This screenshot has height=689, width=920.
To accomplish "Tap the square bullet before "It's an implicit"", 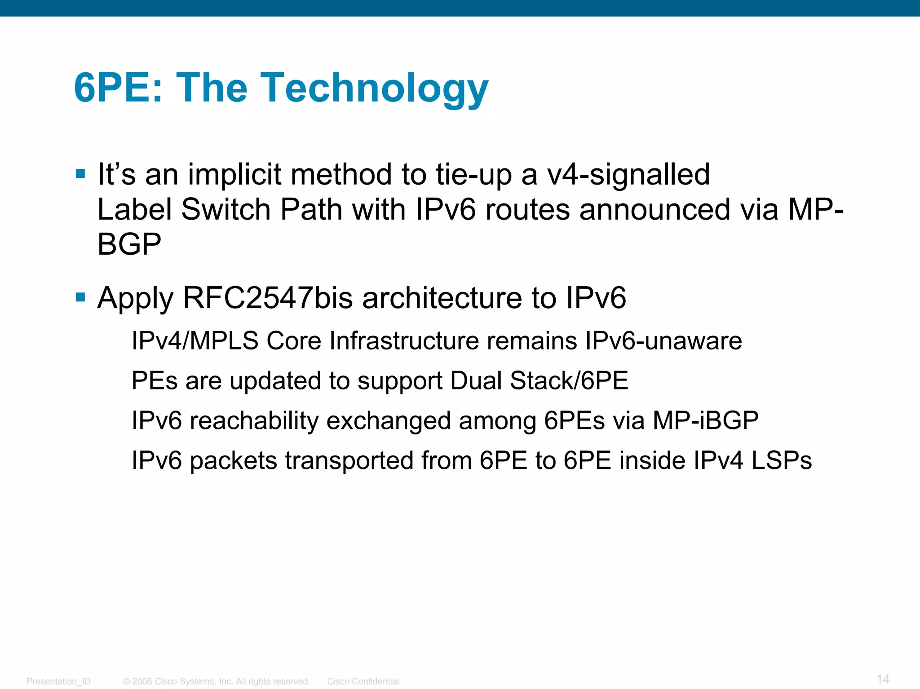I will (81, 174).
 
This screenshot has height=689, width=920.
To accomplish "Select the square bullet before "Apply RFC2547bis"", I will (81, 297).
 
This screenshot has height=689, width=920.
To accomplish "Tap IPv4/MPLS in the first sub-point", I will (195, 340).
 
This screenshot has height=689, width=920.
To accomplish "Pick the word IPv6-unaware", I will (663, 340).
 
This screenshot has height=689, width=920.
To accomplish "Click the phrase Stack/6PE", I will (569, 381).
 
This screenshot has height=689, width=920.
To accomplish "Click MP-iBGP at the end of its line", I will (705, 421).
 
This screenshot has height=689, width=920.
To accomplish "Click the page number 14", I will (883, 679).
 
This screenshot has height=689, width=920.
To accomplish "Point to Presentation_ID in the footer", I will (58, 681).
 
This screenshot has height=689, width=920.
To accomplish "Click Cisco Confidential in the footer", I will (363, 681).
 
